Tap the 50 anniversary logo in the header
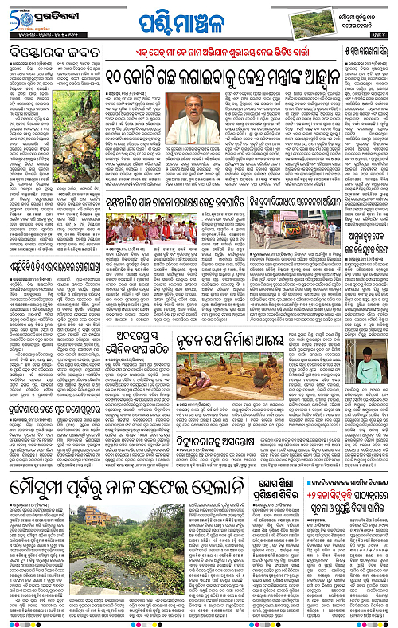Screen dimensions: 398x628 [19, 16]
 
